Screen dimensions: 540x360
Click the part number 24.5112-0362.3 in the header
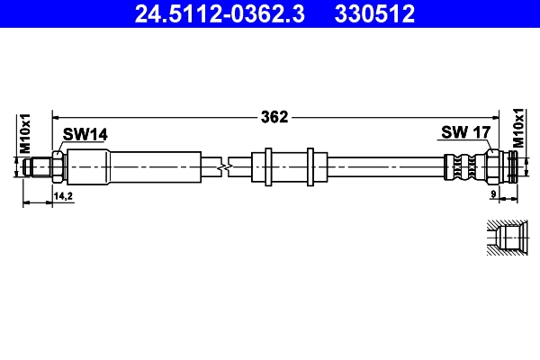click(220, 13)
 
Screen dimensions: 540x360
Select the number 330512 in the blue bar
click(374, 13)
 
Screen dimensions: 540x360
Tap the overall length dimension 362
click(274, 117)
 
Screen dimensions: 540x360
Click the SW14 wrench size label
click(85, 134)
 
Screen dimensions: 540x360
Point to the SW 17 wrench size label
click(465, 132)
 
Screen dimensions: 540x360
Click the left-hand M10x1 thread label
click(25, 134)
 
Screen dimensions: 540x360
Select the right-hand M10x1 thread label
click(518, 128)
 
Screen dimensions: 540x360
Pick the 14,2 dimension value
click(63, 196)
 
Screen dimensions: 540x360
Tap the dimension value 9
click(493, 194)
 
